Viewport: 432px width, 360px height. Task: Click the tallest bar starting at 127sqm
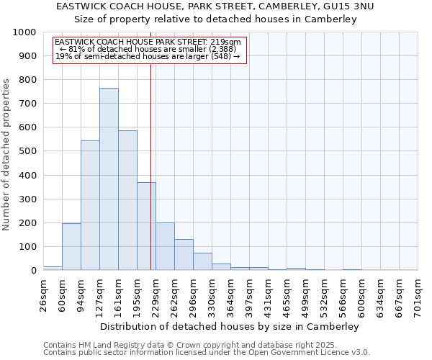[109, 179]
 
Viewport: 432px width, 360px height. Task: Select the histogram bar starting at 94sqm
[90, 205]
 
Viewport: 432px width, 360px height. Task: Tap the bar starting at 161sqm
[127, 200]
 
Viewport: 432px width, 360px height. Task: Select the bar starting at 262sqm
[184, 255]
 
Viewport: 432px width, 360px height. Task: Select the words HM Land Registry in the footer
[106, 346]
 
